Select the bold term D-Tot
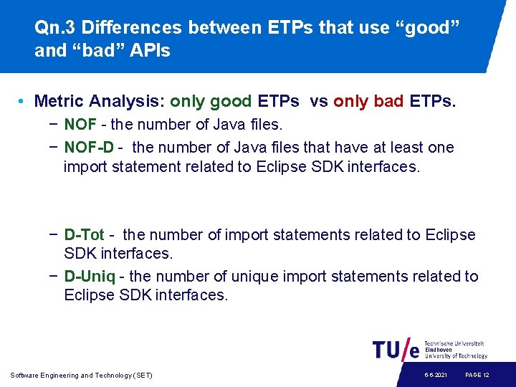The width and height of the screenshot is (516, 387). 84,235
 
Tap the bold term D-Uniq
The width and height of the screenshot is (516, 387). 90,277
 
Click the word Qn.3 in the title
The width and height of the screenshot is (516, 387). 55,28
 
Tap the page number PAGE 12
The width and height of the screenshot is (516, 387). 477,376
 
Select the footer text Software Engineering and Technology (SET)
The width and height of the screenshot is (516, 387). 82,376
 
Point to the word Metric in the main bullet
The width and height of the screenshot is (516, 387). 59,102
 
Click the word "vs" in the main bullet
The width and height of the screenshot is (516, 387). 318,102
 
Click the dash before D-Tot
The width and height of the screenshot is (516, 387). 54,235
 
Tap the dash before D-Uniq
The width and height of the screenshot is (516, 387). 54,277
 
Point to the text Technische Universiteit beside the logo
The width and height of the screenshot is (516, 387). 454,344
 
